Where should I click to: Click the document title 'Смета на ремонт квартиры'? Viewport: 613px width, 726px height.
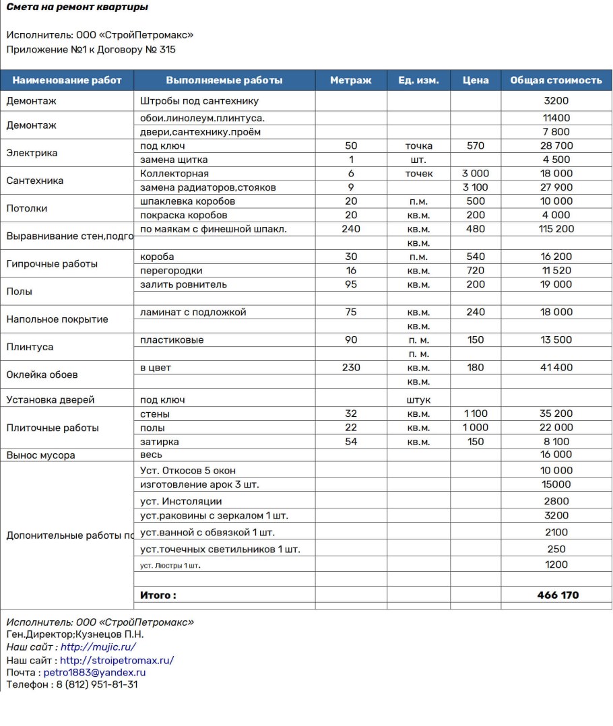(77, 7)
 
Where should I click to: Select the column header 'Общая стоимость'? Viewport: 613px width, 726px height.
(556, 80)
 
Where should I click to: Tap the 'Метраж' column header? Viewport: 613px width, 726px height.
(350, 80)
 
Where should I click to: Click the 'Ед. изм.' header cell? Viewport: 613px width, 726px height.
(418, 80)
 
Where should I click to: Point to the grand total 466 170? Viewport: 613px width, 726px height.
(558, 595)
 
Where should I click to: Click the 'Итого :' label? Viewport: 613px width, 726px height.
(158, 595)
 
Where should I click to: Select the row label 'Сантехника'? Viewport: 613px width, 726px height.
(35, 180)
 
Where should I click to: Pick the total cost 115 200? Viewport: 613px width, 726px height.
(556, 229)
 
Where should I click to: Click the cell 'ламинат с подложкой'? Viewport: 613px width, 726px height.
(193, 312)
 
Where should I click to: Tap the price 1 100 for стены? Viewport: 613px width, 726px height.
(476, 414)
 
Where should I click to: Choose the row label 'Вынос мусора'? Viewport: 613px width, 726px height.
(40, 455)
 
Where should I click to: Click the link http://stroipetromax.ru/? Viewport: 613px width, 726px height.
(117, 660)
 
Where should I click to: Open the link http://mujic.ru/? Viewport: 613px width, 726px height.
(98, 647)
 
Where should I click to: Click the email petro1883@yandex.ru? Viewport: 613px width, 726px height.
(94, 672)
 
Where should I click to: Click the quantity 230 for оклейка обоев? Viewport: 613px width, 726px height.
(351, 368)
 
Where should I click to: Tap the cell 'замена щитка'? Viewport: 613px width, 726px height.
(174, 160)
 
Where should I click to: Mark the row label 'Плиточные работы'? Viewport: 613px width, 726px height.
(53, 428)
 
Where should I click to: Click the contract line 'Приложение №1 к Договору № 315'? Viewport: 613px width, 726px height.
(91, 49)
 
